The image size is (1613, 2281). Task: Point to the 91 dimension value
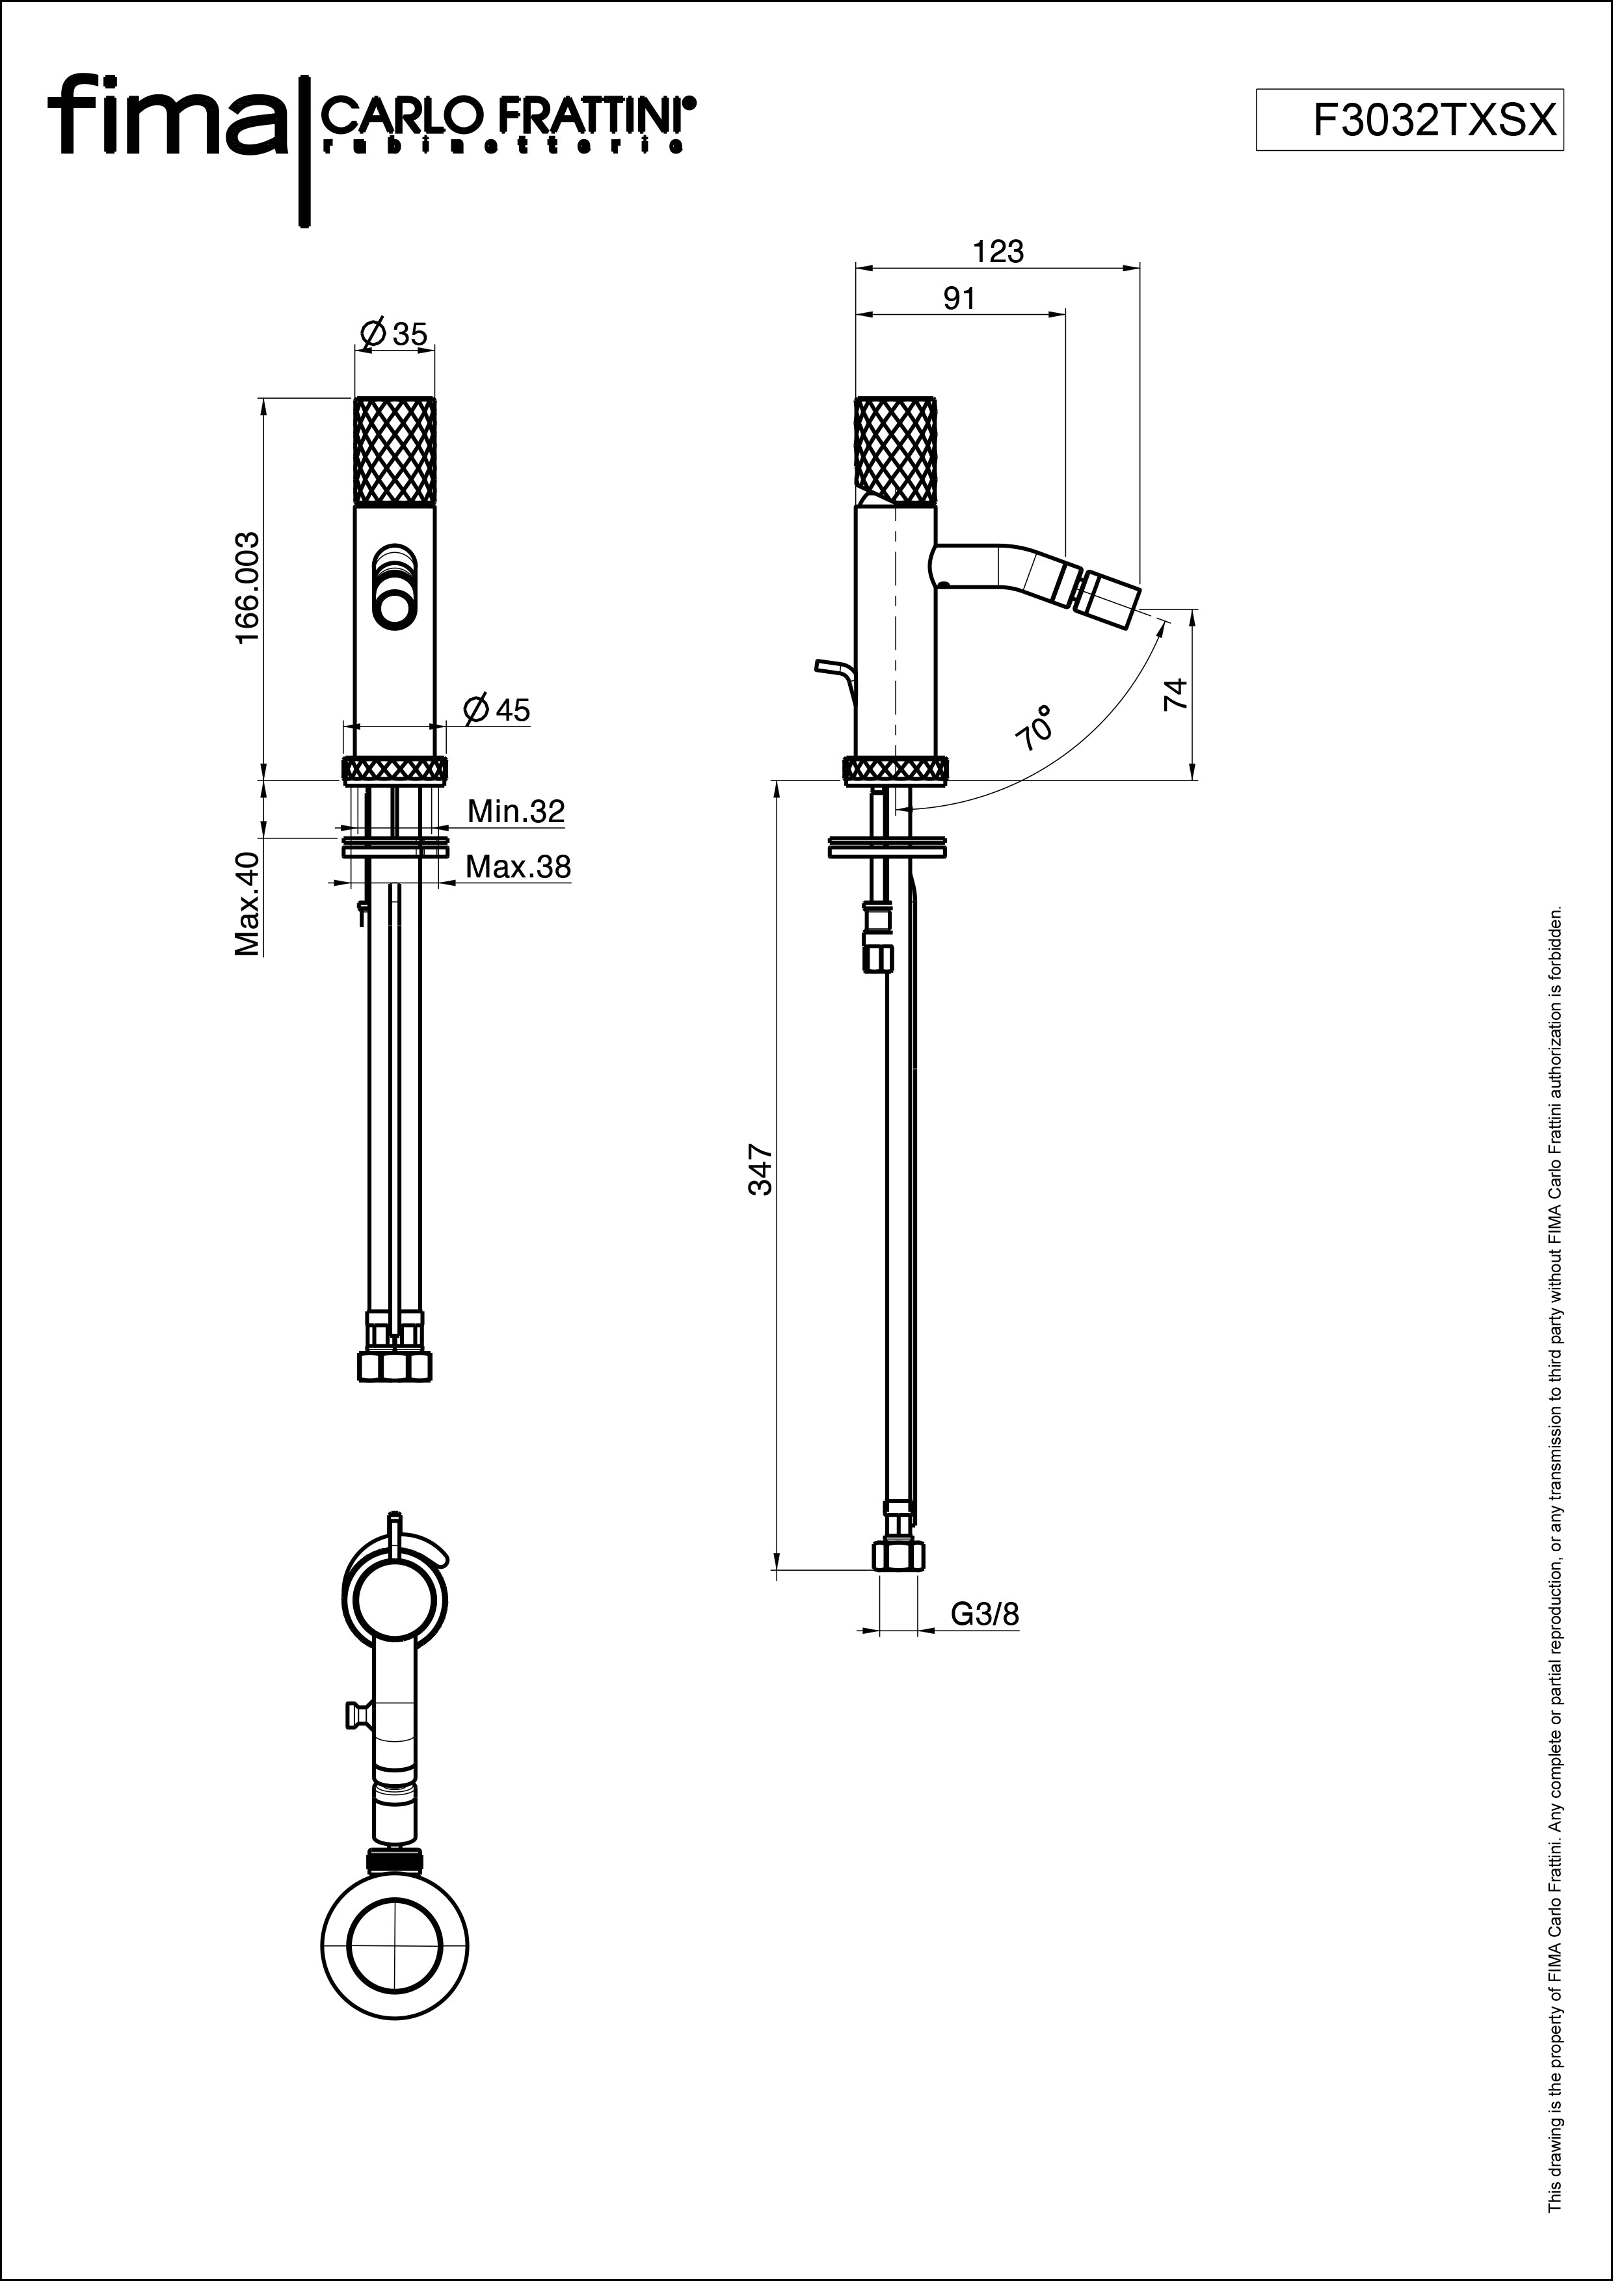(x=959, y=298)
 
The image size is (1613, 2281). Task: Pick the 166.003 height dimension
(x=247, y=587)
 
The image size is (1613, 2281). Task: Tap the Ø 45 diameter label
(x=497, y=710)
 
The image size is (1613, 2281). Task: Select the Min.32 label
(x=516, y=812)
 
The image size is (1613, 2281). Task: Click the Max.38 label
(x=518, y=867)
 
